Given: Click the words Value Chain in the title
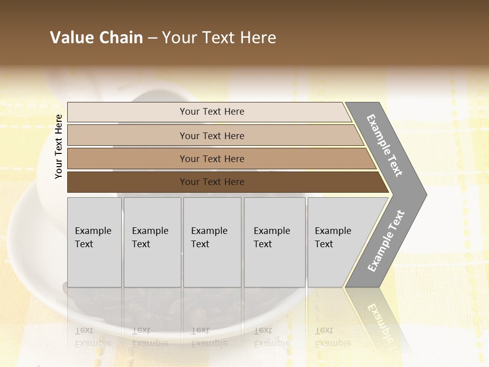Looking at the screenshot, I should tap(96, 38).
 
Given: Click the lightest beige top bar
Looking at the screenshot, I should tap(127, 112).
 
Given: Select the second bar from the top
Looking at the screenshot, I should tap(127, 136).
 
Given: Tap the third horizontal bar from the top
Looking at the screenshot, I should tap(127, 159).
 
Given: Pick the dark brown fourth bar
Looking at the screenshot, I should tap(127, 182).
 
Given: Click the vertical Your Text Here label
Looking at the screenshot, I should tap(59, 146).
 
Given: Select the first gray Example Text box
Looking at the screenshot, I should tap(94, 242).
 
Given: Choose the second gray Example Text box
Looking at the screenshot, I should tap(152, 242).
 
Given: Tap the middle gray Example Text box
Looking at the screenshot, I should tap(212, 242).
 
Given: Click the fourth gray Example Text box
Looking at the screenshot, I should tap(275, 242).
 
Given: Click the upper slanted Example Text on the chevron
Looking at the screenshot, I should tap(385, 145).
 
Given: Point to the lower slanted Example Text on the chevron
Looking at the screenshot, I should tap(386, 241).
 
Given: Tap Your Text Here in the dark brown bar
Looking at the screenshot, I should tap(212, 182).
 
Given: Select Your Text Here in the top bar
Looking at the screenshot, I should tap(212, 112).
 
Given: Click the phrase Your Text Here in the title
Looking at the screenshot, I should tap(219, 38).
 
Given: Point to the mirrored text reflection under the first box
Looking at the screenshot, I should tap(93, 337).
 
